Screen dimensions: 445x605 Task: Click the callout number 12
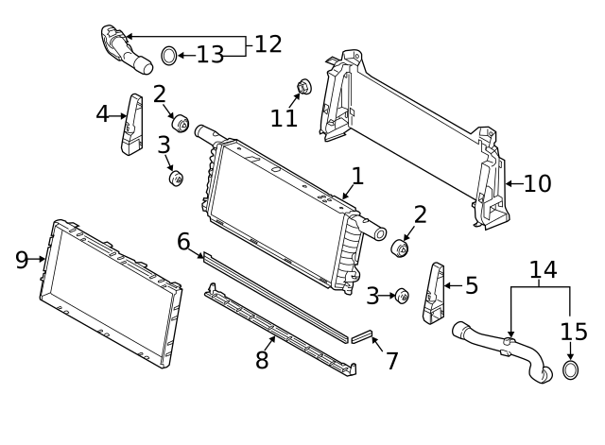tap(268, 43)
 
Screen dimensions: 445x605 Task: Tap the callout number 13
tap(211, 55)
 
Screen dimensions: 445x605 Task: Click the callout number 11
tap(284, 118)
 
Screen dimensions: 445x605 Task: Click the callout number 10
tap(536, 183)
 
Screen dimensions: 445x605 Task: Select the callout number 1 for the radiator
tap(357, 176)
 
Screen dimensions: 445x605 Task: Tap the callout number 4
tap(103, 114)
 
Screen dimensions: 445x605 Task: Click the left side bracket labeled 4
tap(133, 124)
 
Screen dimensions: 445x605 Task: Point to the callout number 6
tap(183, 242)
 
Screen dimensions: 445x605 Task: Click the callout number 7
tap(391, 361)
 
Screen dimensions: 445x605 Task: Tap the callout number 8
tap(262, 360)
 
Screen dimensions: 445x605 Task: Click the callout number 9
tap(22, 260)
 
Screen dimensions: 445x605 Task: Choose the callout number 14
tap(543, 271)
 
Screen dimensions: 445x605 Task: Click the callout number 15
tap(574, 333)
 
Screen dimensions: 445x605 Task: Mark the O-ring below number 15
tap(572, 368)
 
